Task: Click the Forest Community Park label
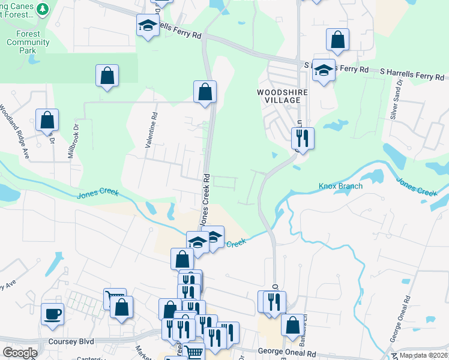point(28,43)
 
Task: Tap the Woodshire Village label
point(278,96)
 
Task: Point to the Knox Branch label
point(340,186)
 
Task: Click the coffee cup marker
point(52,313)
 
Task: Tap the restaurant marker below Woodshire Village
point(303,138)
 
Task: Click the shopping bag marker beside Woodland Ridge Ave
point(47,119)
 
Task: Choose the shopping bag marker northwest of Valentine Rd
point(107,76)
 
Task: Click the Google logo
point(20,353)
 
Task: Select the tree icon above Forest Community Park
point(43,8)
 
